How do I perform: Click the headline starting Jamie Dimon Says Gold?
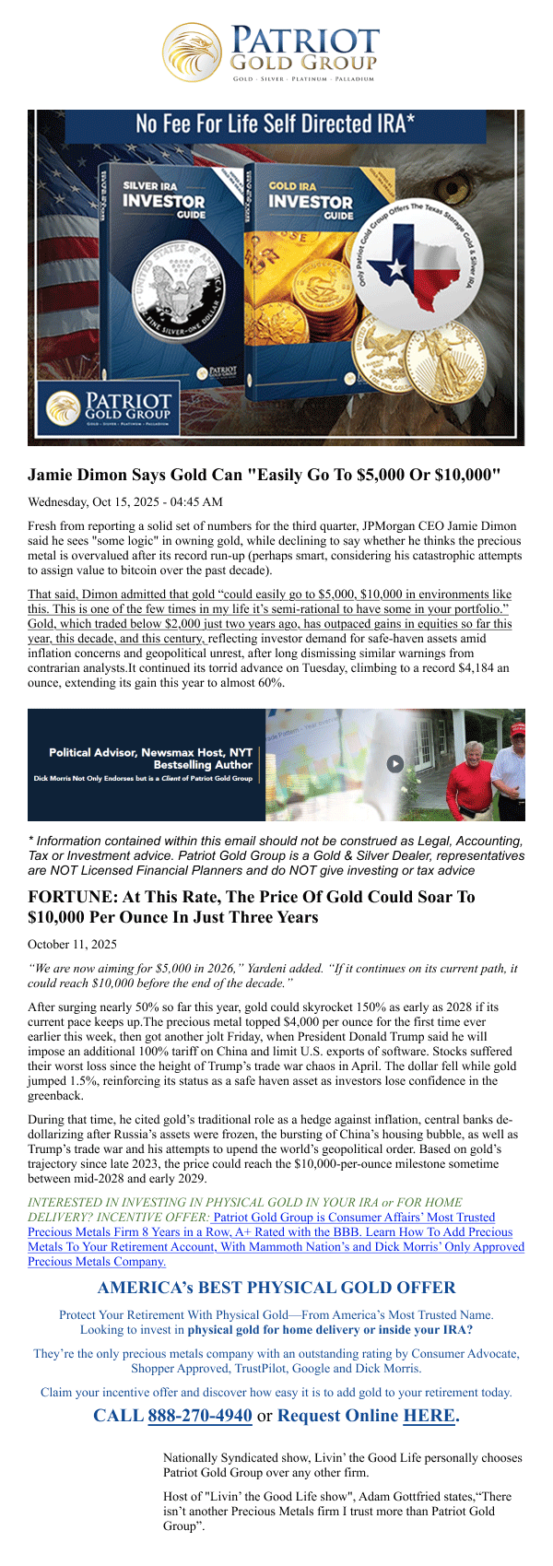(x=265, y=476)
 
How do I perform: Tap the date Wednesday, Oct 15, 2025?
(x=125, y=502)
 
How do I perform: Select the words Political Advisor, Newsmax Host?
(x=150, y=753)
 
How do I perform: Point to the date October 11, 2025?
(x=72, y=944)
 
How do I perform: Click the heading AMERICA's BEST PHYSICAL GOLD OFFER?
(x=276, y=1288)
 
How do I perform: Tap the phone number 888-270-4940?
(x=199, y=1415)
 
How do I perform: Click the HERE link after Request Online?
(x=429, y=1415)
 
